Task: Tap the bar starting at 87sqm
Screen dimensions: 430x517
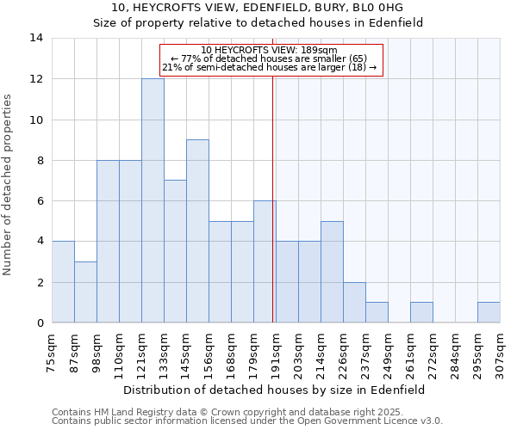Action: [85, 292]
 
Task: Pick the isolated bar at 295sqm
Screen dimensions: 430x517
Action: [489, 312]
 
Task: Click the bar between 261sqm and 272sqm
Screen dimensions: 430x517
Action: [421, 312]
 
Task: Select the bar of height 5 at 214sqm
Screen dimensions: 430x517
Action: [332, 272]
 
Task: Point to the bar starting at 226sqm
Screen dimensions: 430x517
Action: [354, 302]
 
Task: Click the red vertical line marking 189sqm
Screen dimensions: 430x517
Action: [272, 198]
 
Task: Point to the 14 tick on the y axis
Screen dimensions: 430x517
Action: [37, 38]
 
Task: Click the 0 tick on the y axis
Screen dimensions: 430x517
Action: [40, 323]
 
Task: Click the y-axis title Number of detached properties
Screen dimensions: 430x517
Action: [9, 181]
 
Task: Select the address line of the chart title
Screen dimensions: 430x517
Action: [258, 8]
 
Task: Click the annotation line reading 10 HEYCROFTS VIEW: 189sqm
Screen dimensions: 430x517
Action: [270, 50]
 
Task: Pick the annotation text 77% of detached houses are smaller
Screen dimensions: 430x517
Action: [270, 59]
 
